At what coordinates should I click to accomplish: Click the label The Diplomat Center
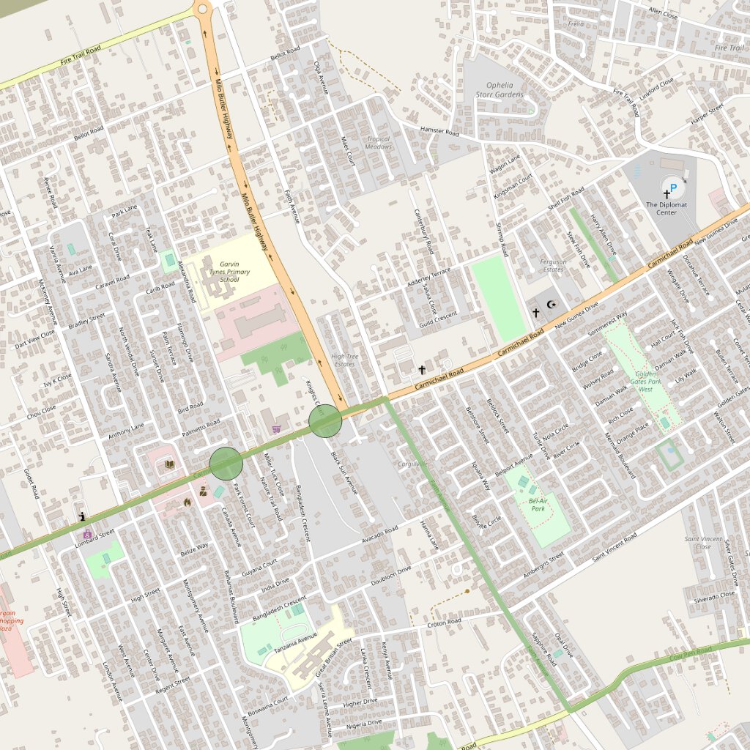[667, 209]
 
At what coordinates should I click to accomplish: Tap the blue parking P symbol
[672, 187]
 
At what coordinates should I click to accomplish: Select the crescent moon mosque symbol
[552, 304]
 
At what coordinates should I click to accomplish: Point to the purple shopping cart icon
[276, 428]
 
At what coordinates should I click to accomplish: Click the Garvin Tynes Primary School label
[229, 272]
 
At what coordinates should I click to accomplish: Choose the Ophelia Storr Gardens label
[500, 89]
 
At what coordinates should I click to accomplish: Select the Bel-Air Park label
[538, 504]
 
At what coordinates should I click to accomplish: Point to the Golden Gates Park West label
[645, 381]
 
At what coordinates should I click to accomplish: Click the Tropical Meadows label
[379, 142]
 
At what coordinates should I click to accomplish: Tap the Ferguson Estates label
[553, 265]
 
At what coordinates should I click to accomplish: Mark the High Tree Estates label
[344, 360]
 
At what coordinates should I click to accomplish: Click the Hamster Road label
[439, 133]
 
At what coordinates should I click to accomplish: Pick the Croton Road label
[445, 623]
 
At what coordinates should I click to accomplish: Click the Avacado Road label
[380, 535]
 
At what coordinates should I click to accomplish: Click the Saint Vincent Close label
[702, 543]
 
